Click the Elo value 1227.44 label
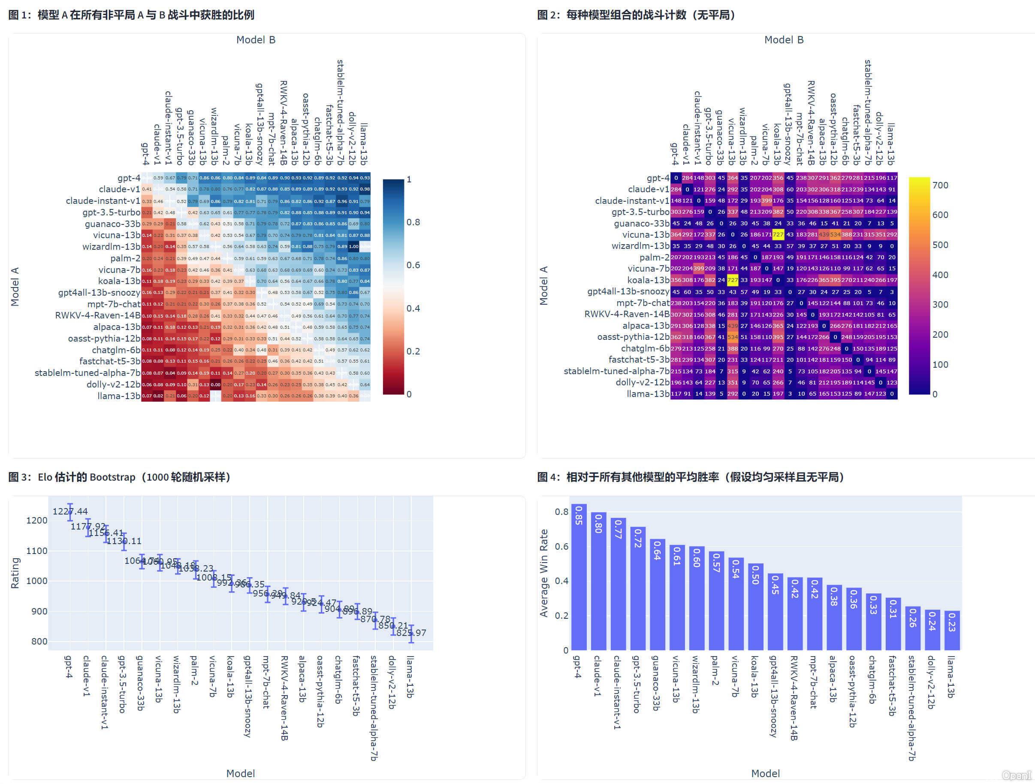[x=70, y=511]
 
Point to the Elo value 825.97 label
[x=411, y=633]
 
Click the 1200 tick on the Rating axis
[x=36, y=521]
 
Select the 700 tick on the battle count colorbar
[x=940, y=185]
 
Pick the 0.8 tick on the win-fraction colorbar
[x=413, y=222]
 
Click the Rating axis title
[x=15, y=573]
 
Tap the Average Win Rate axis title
[x=543, y=573]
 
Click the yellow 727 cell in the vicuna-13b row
[x=778, y=234]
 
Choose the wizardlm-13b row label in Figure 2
[x=640, y=246]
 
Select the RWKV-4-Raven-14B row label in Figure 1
[x=97, y=315]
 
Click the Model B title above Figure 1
[x=256, y=40]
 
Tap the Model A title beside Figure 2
[x=543, y=285]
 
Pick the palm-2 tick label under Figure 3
[x=194, y=670]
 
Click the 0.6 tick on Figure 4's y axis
[x=561, y=546]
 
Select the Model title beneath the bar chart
[x=765, y=773]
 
